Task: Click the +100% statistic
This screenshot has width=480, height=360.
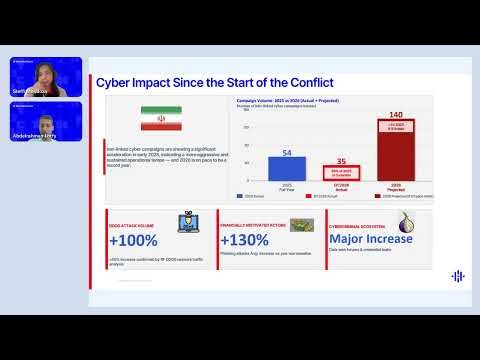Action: coord(133,240)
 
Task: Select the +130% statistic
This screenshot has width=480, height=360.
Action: coord(244,240)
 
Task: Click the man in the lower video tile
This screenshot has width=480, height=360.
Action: coord(45,118)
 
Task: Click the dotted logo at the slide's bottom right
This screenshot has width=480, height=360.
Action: coord(458,276)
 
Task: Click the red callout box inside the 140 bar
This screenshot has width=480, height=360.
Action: coord(395,127)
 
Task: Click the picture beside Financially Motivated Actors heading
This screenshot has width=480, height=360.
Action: coord(302,225)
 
